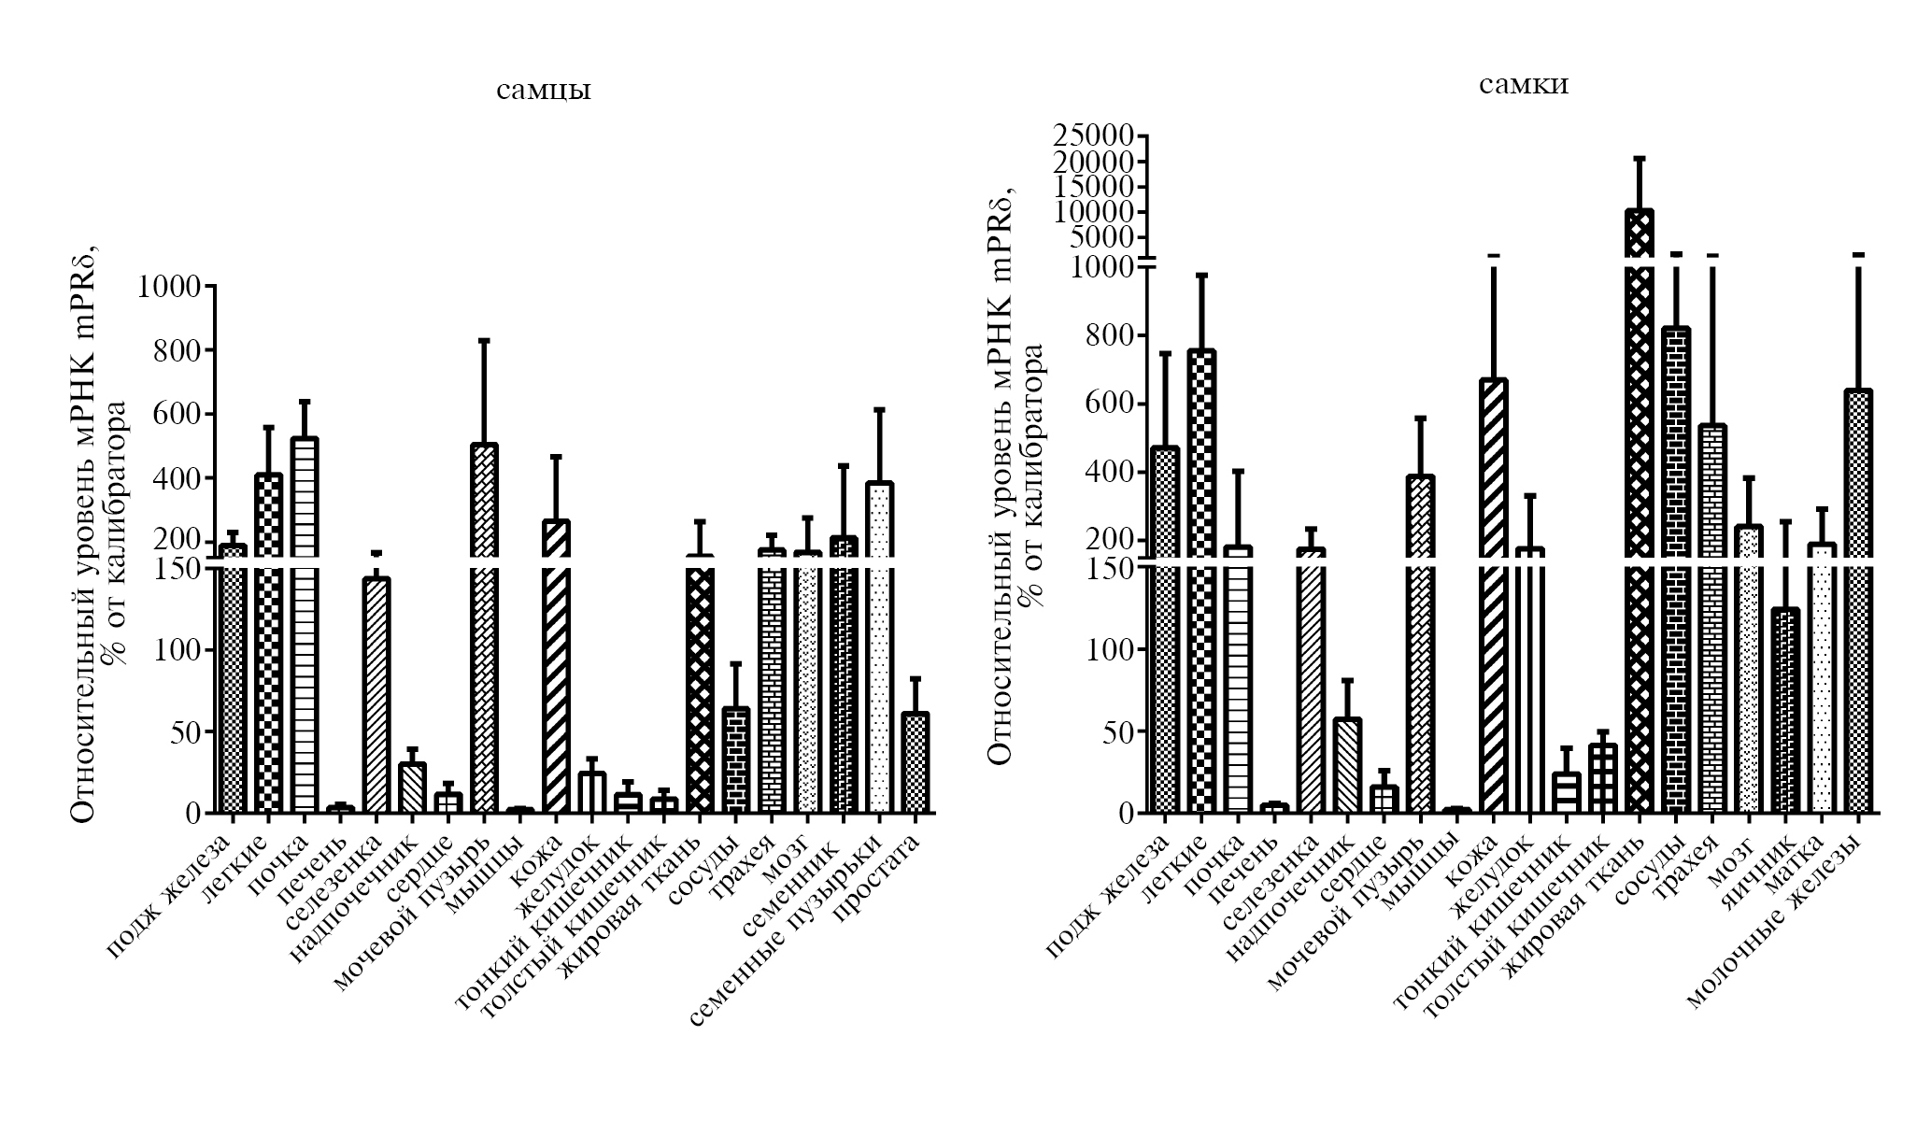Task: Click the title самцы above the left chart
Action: point(543,91)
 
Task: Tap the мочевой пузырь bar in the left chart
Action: point(484,635)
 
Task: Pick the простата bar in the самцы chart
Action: point(916,762)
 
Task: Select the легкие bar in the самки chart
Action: point(1201,579)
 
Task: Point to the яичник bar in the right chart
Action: point(1785,710)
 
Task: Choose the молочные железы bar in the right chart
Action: point(1858,598)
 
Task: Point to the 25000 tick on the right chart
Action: point(1093,136)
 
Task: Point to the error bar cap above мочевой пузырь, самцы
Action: point(484,340)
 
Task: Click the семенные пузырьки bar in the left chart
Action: point(879,645)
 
